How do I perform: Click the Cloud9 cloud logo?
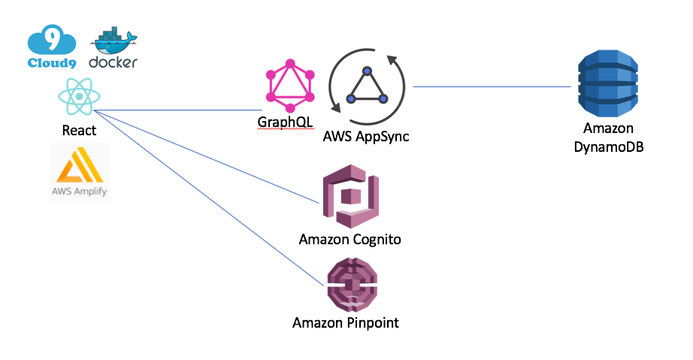(x=51, y=44)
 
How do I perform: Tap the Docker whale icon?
(x=113, y=42)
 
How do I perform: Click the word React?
(x=79, y=130)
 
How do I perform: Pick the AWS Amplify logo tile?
(x=79, y=171)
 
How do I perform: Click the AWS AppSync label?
(x=366, y=138)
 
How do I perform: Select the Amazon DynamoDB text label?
(x=608, y=138)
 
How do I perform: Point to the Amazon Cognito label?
(x=350, y=241)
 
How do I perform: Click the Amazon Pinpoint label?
(x=345, y=323)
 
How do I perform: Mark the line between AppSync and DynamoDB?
(x=492, y=86)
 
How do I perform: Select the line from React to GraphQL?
(x=180, y=110)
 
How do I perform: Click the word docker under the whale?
(x=113, y=62)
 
